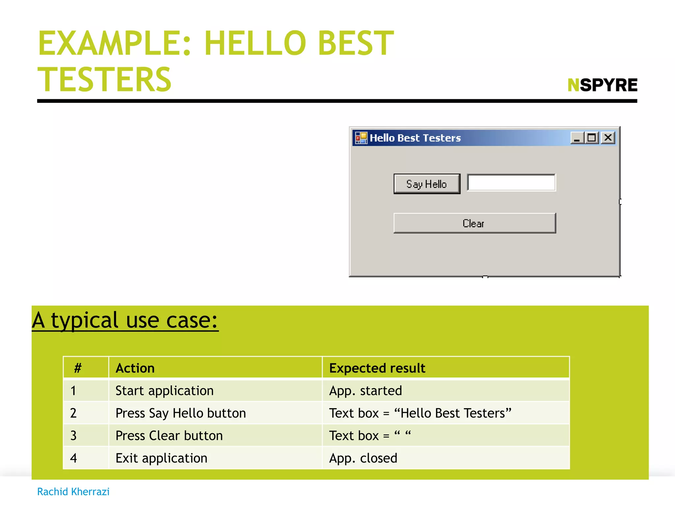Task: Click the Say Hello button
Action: (x=426, y=184)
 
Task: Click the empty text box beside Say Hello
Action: (x=511, y=183)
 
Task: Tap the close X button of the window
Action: (x=608, y=137)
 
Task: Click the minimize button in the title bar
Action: (x=577, y=138)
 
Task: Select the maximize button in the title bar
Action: (x=592, y=138)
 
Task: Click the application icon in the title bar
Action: (x=361, y=138)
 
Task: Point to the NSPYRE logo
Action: (x=602, y=85)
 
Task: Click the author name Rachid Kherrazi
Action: (x=73, y=492)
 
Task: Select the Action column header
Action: (x=135, y=368)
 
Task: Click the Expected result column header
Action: (x=377, y=368)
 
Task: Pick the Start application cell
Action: (x=164, y=391)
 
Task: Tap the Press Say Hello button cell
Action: (x=181, y=413)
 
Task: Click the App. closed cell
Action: (x=363, y=458)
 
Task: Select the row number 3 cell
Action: (x=73, y=436)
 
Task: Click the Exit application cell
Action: (x=161, y=458)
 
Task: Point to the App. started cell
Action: (x=366, y=391)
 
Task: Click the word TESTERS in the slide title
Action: (x=104, y=79)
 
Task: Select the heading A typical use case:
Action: (x=125, y=320)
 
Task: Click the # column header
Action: (x=78, y=368)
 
